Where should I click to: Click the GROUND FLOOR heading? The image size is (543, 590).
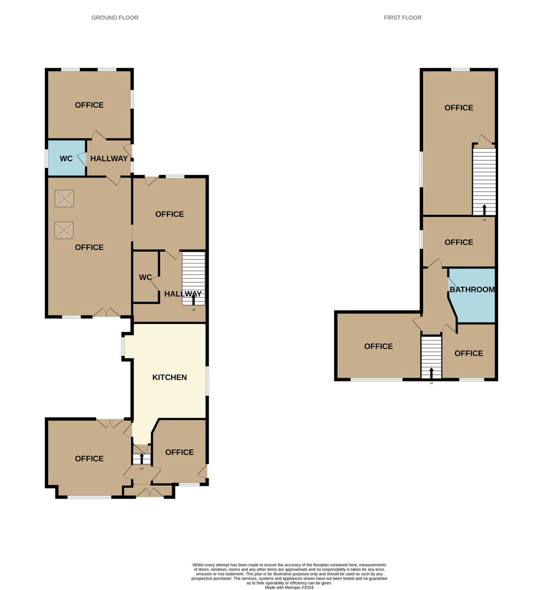(x=115, y=18)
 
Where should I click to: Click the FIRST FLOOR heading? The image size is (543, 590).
(x=402, y=18)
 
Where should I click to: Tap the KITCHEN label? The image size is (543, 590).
(x=169, y=378)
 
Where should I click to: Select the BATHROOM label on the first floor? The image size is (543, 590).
(x=472, y=290)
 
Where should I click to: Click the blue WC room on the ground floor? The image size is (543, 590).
(x=66, y=158)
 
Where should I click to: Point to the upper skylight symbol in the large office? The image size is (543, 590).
(x=64, y=199)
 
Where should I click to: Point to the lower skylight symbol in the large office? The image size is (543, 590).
(x=64, y=230)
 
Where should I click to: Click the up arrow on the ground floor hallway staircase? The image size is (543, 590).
(x=193, y=300)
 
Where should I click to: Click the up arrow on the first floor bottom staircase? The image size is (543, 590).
(x=431, y=373)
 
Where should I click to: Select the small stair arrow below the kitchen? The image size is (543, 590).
(x=142, y=458)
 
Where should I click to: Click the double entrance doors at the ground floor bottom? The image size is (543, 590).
(x=150, y=493)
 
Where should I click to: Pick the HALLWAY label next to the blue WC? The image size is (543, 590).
(x=109, y=158)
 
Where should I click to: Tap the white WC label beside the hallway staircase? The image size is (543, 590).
(x=145, y=277)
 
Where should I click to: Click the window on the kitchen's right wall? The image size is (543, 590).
(x=207, y=381)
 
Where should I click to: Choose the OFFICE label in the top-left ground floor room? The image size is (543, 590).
(x=89, y=105)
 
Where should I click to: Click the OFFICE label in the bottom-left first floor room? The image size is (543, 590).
(x=378, y=347)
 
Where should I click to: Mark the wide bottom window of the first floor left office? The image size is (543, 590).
(x=376, y=380)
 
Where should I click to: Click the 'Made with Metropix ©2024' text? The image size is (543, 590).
(x=289, y=587)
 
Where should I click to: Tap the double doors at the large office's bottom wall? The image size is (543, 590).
(x=106, y=313)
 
